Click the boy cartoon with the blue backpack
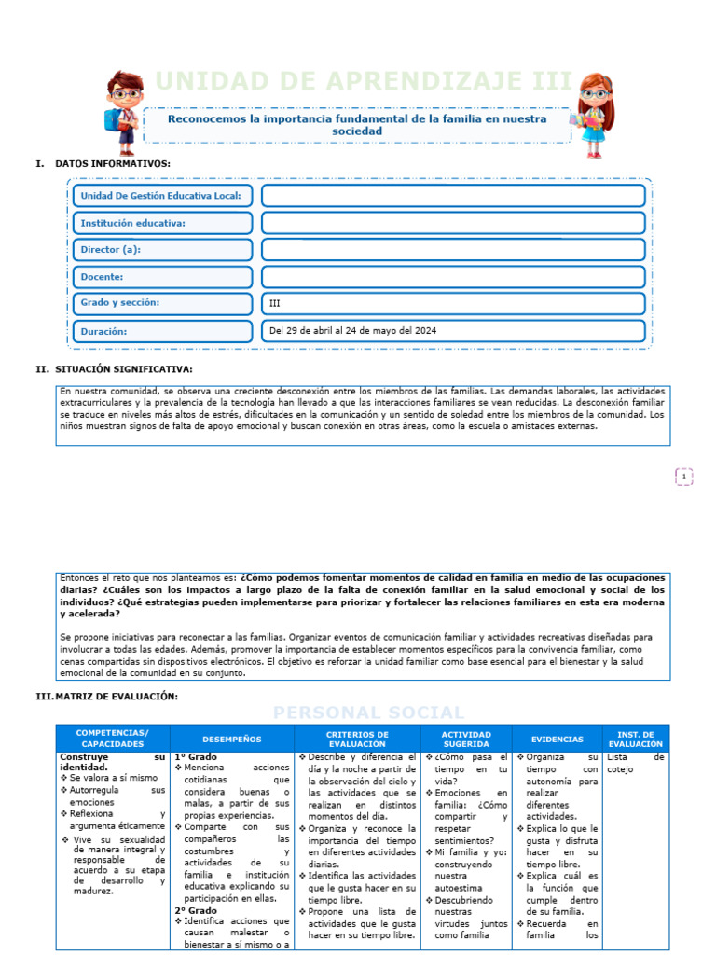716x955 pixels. coord(123,112)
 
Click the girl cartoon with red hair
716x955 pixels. coord(594,113)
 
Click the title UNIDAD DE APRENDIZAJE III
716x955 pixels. coord(364,82)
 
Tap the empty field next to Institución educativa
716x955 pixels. coord(453,223)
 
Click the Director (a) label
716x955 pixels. coord(111,250)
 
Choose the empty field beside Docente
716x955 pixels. coord(453,277)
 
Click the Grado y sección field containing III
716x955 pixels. coord(453,303)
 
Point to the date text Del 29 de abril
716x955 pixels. coord(352,331)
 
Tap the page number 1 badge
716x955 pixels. coord(684,477)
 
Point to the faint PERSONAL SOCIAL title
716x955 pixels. coord(368,713)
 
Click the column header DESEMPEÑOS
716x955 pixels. coord(232,739)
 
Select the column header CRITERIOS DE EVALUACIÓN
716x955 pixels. coord(357,739)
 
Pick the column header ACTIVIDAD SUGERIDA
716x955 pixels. coord(466,739)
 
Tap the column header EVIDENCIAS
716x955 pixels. coord(558,739)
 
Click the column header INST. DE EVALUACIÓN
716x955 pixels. coord(636,739)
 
